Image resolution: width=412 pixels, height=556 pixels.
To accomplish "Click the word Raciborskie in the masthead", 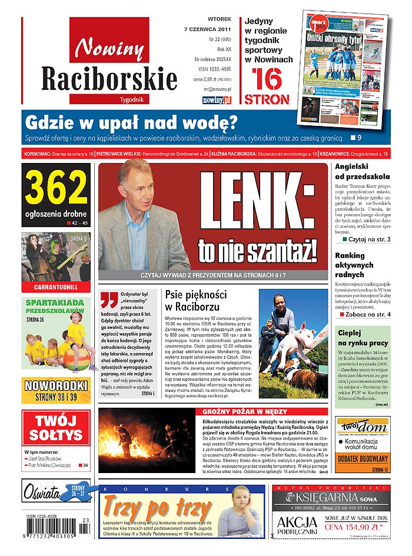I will (109, 78).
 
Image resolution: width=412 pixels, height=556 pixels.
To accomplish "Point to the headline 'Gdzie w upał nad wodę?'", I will (131, 122).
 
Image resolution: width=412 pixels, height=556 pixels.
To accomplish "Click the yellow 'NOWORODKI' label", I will (56, 387).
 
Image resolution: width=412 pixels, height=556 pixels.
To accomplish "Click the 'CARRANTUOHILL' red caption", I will (56, 288).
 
